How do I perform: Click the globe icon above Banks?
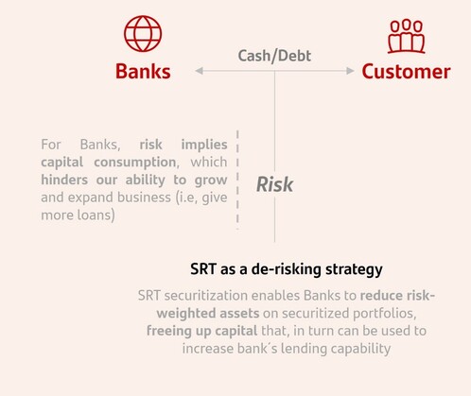[143, 33]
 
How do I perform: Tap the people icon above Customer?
[406, 37]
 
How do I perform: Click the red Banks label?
[143, 71]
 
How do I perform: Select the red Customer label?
[406, 72]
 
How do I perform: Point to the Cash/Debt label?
[274, 56]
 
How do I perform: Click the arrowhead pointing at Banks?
[199, 71]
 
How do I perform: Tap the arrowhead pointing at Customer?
[350, 71]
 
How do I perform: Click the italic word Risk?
[274, 184]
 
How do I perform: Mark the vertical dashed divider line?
[237, 180]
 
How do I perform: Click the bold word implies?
[204, 145]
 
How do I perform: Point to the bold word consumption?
[136, 163]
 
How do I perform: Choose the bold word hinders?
[64, 180]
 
